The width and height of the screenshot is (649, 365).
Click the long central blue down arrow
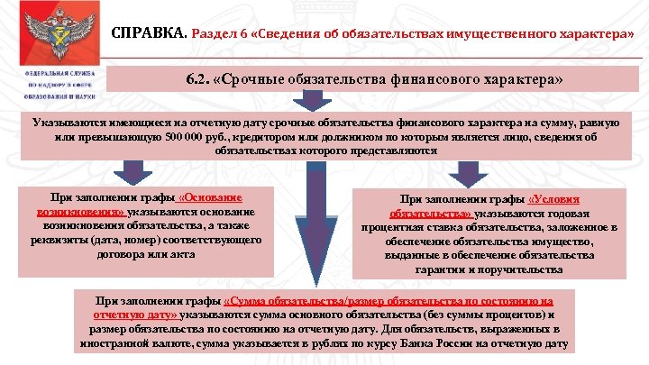pyautogui.click(x=316, y=225)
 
